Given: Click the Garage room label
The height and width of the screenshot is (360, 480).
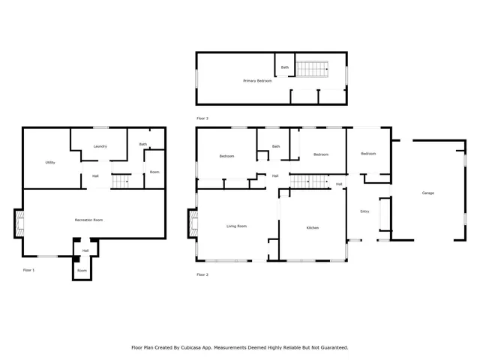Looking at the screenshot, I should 427,193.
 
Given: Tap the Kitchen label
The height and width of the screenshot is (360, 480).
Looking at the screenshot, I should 313,227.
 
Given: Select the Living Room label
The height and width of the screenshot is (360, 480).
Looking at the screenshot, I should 237,226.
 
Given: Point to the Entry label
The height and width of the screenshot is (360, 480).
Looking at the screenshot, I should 364,211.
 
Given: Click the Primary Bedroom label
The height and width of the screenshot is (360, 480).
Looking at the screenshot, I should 257,80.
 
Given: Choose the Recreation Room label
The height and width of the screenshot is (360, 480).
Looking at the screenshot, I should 88,220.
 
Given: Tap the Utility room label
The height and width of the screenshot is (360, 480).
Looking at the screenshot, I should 50,162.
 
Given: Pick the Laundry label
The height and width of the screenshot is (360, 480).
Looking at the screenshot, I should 100,146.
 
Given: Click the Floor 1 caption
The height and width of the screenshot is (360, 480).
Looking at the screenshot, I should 28,269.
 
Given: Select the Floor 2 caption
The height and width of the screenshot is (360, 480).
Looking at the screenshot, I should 202,274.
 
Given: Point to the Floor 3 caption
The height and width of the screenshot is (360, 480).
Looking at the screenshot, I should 202,118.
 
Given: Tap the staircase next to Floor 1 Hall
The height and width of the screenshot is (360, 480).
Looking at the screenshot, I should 120,181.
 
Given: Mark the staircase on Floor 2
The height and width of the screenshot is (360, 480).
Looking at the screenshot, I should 309,181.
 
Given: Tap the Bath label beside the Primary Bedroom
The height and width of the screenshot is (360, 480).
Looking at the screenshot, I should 284,67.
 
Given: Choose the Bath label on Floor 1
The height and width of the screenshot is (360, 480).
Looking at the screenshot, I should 142,144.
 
